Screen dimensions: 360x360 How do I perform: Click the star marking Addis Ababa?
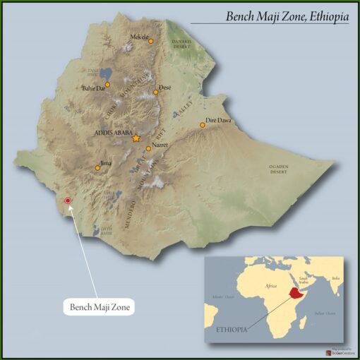136,139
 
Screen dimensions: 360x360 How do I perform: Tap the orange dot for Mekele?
150,42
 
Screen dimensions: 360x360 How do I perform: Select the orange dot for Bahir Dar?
107,85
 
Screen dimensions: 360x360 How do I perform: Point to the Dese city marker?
156,92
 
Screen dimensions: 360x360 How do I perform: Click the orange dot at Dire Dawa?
203,125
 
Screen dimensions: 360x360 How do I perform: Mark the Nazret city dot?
148,149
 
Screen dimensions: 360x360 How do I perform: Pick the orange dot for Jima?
97,168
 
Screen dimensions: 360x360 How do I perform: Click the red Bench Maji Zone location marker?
68,201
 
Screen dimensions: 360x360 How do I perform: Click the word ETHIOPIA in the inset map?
232,328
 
